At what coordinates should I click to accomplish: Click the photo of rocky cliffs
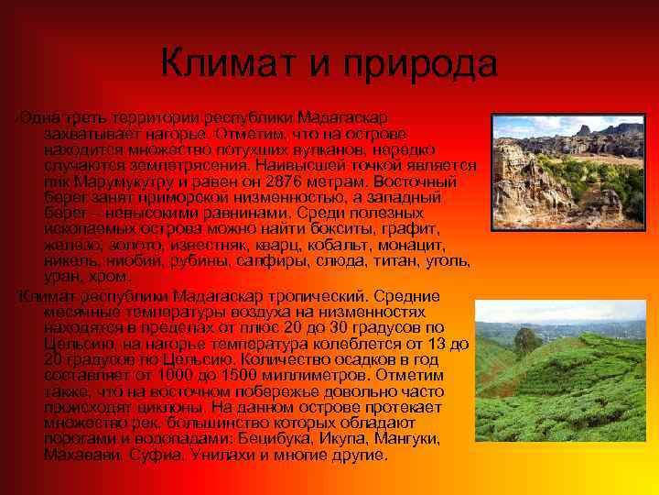[567, 171]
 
